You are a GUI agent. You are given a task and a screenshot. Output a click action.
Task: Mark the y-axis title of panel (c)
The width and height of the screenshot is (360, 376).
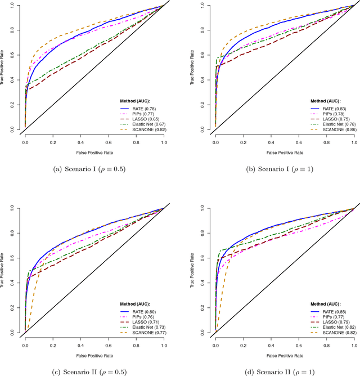pos(4,271)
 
